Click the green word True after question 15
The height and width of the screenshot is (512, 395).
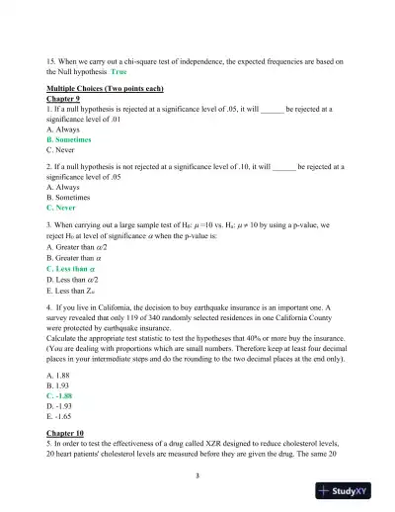(119, 72)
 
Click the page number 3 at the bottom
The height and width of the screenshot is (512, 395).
(197, 477)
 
